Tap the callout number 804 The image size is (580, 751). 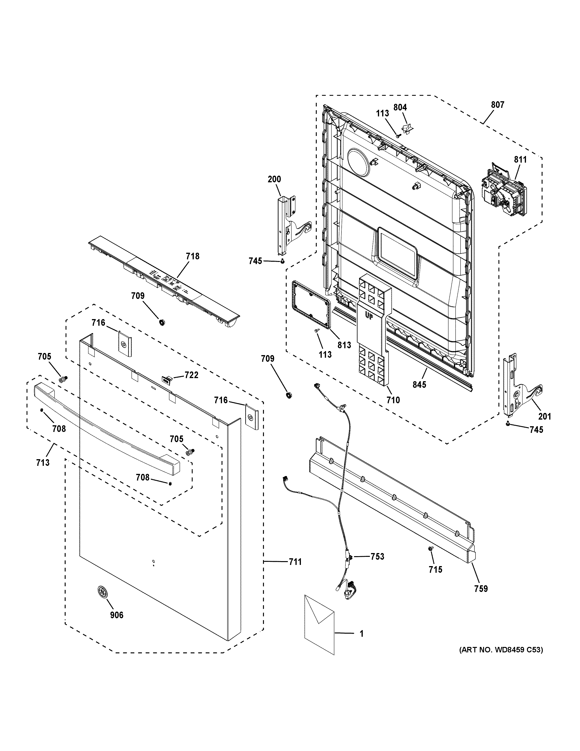click(400, 108)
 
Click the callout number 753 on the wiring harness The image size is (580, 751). click(377, 556)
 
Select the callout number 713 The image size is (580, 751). click(43, 463)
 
